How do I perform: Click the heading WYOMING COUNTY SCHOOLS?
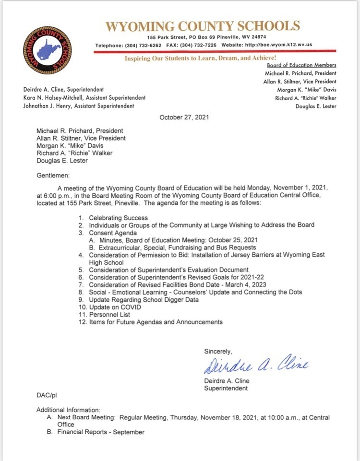203,26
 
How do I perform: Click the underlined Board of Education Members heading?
301,65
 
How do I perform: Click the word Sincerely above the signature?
218,351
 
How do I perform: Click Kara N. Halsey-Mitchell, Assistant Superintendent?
84,97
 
